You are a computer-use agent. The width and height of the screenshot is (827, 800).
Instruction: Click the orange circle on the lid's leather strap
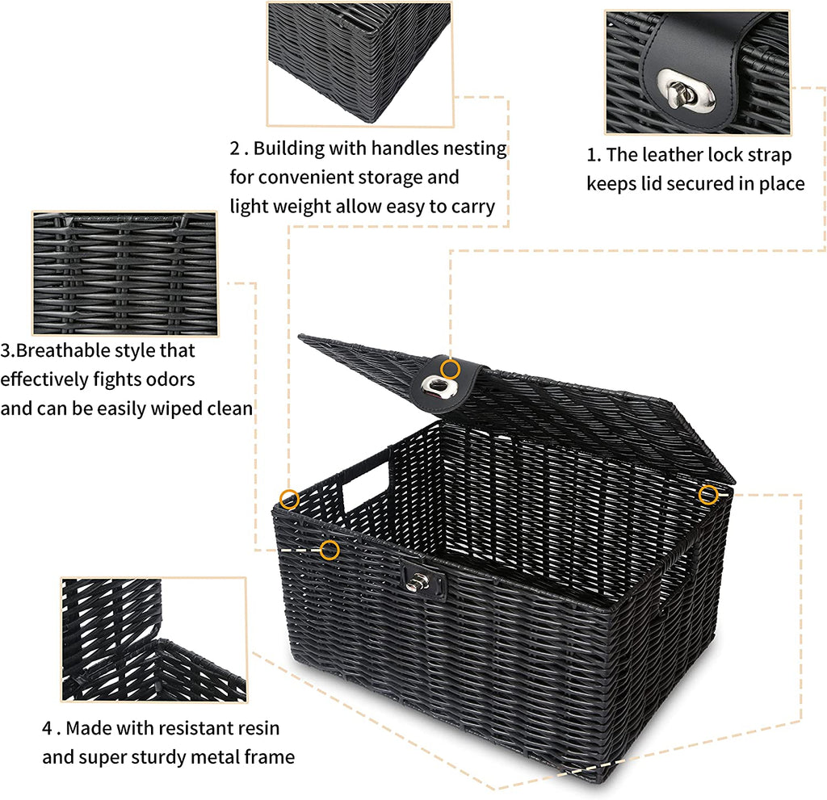[x=451, y=369]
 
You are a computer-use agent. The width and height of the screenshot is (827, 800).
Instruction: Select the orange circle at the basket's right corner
[x=708, y=495]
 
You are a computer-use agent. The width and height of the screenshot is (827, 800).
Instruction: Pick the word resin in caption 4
[x=258, y=728]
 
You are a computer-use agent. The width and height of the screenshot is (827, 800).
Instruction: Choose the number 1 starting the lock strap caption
[x=591, y=155]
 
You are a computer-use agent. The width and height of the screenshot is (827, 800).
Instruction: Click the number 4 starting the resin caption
[x=47, y=728]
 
